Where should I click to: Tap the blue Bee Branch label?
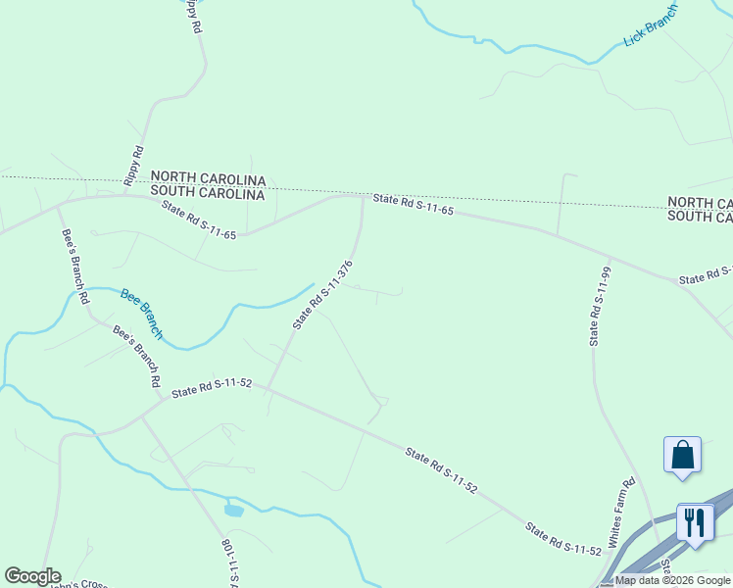(x=142, y=314)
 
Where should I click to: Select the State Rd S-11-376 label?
(x=322, y=295)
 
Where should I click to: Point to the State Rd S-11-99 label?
(x=599, y=306)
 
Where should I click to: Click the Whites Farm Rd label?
(x=621, y=514)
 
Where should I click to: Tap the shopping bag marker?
(x=682, y=456)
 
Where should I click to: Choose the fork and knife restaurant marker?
(x=696, y=521)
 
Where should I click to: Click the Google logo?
(x=32, y=576)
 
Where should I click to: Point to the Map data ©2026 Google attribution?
(x=672, y=580)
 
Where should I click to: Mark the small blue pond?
(x=233, y=510)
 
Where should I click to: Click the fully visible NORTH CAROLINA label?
(x=209, y=179)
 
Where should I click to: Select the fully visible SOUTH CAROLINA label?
(x=209, y=194)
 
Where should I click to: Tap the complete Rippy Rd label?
(x=134, y=165)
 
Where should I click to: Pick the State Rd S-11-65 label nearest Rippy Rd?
(x=199, y=220)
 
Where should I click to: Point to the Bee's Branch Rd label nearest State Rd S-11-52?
(x=136, y=357)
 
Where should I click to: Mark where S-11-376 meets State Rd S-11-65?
(x=363, y=197)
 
